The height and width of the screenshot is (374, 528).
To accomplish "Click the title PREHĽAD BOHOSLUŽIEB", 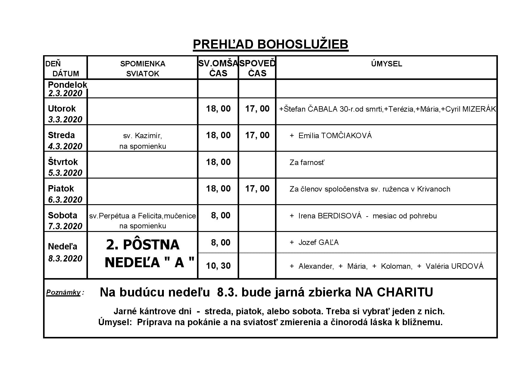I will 270,44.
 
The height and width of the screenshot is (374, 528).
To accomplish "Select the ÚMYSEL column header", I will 386,64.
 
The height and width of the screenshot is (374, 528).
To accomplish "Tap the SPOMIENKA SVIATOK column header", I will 142,69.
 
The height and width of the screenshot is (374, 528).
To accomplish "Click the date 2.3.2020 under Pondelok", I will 65,93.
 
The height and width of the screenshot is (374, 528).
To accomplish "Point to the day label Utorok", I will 62,109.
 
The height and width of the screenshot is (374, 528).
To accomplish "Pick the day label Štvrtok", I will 63,162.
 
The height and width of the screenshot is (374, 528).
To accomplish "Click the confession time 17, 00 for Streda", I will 257,135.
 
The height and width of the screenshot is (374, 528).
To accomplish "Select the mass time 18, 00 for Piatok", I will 218,189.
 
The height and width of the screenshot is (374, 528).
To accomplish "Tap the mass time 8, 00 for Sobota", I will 220,216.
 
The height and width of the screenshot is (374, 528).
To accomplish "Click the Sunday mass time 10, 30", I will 218,266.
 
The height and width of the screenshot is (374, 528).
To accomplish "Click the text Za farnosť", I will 307,163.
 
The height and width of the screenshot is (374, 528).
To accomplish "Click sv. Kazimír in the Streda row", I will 142,136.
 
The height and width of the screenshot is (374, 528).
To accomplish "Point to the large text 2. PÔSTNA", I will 142,245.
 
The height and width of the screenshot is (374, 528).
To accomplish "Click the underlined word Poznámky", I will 63,292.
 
